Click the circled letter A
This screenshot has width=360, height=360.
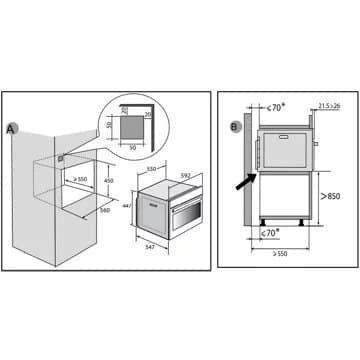pyautogui.click(x=11, y=129)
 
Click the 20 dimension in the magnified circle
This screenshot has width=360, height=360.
pyautogui.click(x=147, y=114)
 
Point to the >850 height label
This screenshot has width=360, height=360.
pyautogui.click(x=330, y=196)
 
